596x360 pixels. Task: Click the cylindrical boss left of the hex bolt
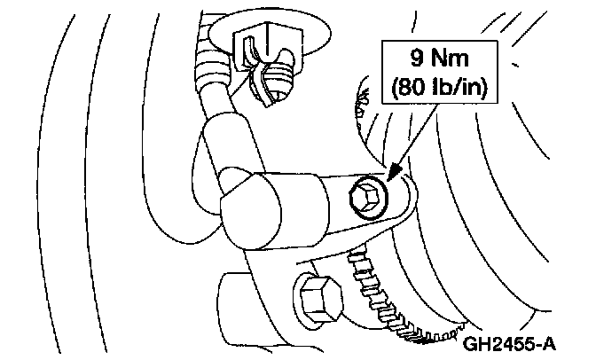[239, 293]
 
